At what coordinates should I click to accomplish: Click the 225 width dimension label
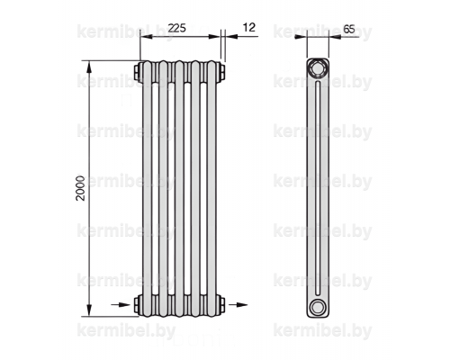(x=176, y=28)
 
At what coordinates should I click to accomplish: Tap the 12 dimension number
(x=248, y=27)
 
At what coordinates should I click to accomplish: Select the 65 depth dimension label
(x=349, y=29)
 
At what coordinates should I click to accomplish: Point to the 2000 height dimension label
(x=80, y=188)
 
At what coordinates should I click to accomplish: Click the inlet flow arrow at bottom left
(x=121, y=305)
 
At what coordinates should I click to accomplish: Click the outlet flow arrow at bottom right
(x=238, y=305)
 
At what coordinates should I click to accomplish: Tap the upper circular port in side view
(x=317, y=68)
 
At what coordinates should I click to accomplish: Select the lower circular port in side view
(x=317, y=307)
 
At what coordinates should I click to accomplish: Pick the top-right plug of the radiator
(x=220, y=72)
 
